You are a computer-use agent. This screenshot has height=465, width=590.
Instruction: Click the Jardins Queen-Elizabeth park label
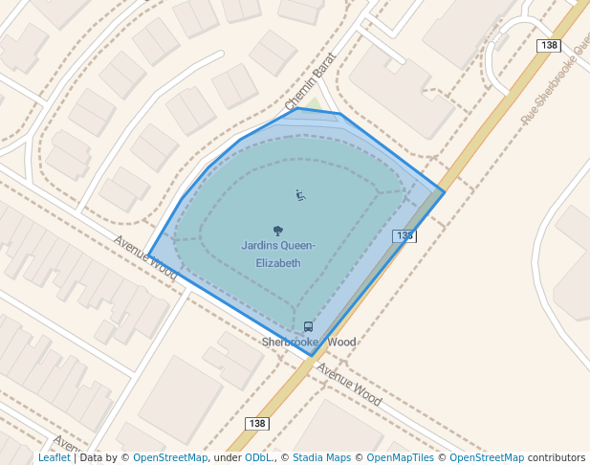tap(277, 255)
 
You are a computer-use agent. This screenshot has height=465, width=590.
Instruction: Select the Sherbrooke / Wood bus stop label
tap(309, 342)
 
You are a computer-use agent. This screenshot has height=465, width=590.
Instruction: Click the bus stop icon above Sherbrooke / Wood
tap(308, 327)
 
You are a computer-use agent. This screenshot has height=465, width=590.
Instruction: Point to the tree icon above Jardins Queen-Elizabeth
tap(277, 231)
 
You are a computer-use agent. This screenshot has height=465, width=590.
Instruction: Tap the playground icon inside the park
tap(300, 195)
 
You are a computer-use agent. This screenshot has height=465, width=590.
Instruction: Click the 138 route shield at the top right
tap(549, 45)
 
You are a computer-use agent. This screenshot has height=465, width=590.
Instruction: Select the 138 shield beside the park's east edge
tap(404, 235)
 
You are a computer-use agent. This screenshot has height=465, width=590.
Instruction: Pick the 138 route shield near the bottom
tap(256, 423)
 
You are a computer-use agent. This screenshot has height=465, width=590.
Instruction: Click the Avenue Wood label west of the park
tap(146, 257)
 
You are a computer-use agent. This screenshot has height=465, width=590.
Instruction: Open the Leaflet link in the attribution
tap(54, 458)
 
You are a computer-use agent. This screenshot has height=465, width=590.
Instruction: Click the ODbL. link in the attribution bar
tap(258, 458)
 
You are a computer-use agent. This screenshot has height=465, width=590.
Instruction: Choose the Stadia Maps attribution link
tap(321, 458)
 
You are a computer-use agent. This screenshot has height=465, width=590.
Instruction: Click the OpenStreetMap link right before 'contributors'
tap(487, 458)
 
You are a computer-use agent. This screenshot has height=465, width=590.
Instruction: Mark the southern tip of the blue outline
tap(312, 356)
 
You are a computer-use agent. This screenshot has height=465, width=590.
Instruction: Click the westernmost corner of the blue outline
tap(148, 255)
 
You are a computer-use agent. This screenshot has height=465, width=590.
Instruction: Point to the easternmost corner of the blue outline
tap(444, 191)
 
